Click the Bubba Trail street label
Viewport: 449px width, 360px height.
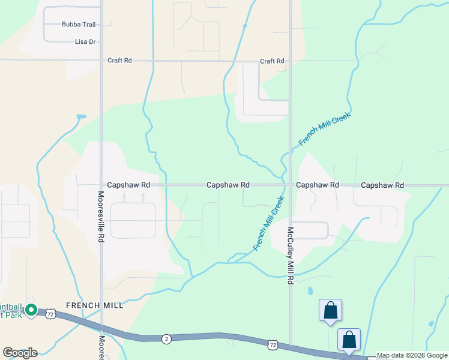(x=78, y=25)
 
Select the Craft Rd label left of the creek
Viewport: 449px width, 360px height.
(x=119, y=61)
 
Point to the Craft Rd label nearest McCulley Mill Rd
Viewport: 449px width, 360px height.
(x=272, y=61)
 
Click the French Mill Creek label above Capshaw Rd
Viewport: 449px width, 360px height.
(x=324, y=128)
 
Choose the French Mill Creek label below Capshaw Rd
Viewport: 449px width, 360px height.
(x=268, y=223)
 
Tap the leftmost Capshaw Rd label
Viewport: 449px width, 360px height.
(x=128, y=185)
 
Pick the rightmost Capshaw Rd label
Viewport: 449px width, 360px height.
(x=382, y=185)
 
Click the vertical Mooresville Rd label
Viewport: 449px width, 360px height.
(x=101, y=217)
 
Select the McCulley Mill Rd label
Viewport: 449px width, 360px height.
(x=290, y=255)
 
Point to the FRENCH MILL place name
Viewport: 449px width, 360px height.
(x=95, y=305)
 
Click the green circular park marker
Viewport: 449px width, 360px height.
(x=31, y=311)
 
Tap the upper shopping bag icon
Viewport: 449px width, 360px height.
(x=330, y=311)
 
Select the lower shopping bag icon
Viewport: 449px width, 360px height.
(x=349, y=340)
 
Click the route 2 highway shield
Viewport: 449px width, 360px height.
(x=166, y=339)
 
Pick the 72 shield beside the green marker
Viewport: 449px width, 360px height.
(x=50, y=314)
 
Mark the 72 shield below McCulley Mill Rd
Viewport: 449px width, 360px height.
(x=273, y=345)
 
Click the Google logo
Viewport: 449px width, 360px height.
(x=20, y=353)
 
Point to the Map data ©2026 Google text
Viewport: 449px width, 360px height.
(x=412, y=356)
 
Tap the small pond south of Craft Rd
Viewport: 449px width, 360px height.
(x=82, y=116)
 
